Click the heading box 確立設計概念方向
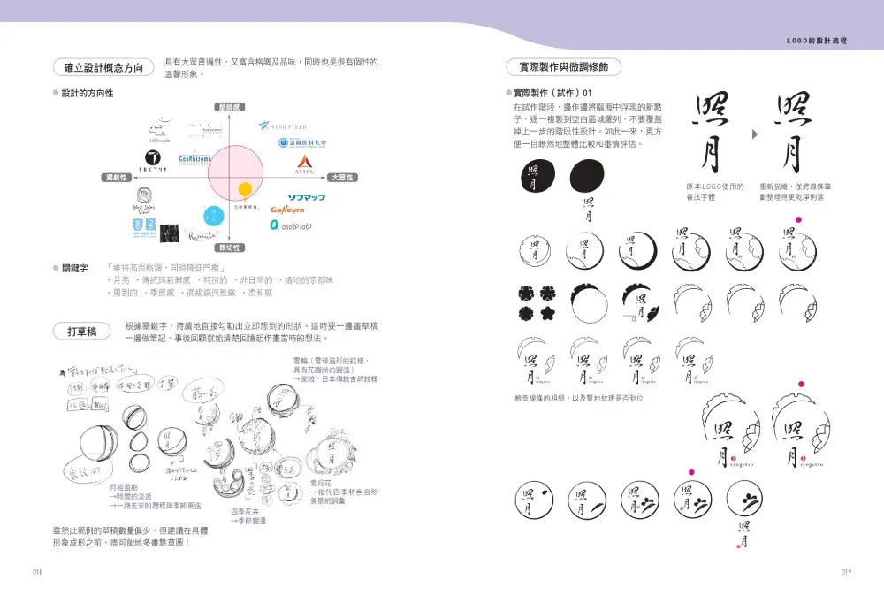tap(103, 68)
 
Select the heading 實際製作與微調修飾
tap(563, 68)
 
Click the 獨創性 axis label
tap(117, 178)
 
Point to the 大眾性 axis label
tap(341, 178)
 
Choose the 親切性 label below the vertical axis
tap(230, 248)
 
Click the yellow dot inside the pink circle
tap(246, 187)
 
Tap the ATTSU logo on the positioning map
tap(303, 163)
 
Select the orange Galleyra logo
tap(287, 210)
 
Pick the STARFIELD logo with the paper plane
tap(288, 124)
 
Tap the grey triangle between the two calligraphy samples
tap(755, 135)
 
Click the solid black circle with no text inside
tap(586, 177)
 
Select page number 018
tap(37, 572)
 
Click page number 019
tap(846, 572)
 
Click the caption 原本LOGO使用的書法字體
tap(714, 192)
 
